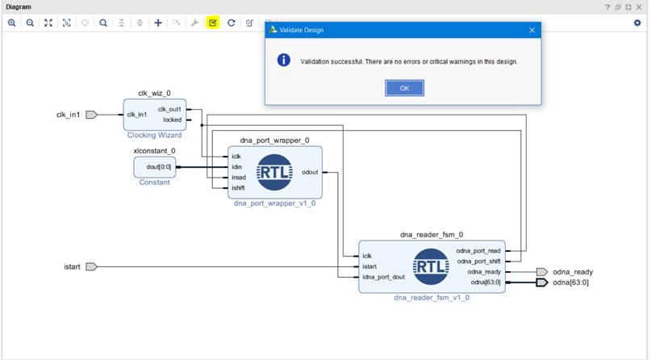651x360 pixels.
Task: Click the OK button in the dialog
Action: tap(404, 88)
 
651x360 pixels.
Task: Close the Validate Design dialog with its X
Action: tap(532, 30)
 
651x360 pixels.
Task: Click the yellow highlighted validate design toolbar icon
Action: tap(213, 23)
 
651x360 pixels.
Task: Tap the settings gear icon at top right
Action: tap(636, 23)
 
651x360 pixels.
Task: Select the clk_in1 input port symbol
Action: tap(91, 115)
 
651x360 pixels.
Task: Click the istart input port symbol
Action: tap(91, 266)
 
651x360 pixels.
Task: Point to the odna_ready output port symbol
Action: tap(541, 272)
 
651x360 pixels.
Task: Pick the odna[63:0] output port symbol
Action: tap(541, 283)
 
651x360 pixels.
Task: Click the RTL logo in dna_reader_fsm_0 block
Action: tap(431, 267)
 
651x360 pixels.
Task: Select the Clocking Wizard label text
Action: tap(154, 135)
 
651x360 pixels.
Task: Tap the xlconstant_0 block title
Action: tap(154, 151)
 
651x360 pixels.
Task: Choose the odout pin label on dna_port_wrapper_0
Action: tap(309, 172)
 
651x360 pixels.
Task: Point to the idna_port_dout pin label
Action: tap(383, 278)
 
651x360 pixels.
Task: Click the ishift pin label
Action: tap(238, 188)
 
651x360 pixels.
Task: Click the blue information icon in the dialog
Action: tap(283, 61)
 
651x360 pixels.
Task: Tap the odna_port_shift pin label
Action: tap(478, 262)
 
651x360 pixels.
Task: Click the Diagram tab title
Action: tap(19, 6)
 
